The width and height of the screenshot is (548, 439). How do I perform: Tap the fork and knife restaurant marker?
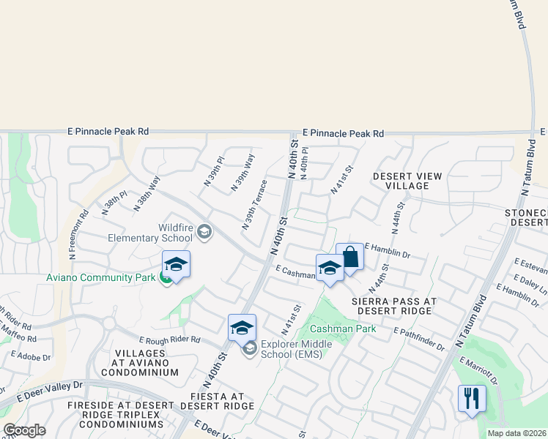click(471, 399)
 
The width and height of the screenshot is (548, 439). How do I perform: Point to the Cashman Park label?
click(343, 329)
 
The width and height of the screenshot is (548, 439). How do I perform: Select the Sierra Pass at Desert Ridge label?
click(394, 306)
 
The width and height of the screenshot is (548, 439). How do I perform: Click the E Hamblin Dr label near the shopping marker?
click(386, 251)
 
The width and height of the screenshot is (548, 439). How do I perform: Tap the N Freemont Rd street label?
click(79, 235)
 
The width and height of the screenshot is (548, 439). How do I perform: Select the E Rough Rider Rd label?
click(170, 339)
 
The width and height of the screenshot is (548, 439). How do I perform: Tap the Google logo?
click(25, 430)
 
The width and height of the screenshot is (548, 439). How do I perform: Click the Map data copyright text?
click(517, 433)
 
